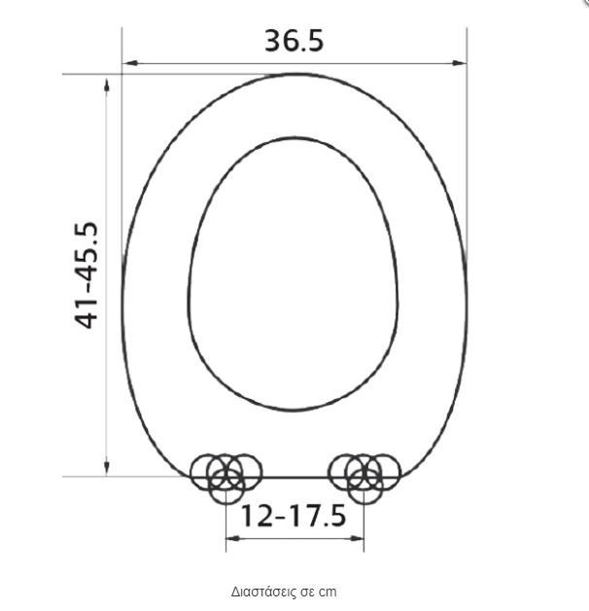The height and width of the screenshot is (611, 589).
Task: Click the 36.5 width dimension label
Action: (x=294, y=41)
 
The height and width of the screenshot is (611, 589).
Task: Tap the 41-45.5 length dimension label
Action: (x=87, y=275)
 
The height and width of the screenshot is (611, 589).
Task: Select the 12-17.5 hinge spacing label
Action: (x=294, y=516)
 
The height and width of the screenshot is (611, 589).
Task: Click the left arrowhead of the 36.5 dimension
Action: (x=130, y=63)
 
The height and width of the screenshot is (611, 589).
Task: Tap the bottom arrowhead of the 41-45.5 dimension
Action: (x=107, y=468)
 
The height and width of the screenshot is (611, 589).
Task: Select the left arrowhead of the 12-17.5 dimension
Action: (x=233, y=539)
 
